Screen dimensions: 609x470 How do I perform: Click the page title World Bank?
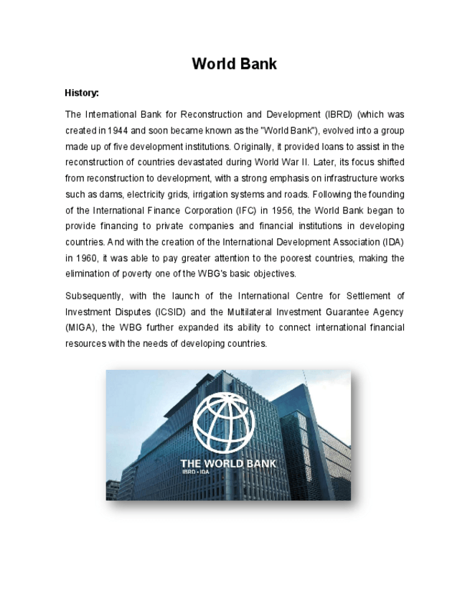click(234, 64)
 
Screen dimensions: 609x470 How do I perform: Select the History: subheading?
click(82, 93)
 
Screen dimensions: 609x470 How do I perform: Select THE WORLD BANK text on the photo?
click(227, 464)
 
